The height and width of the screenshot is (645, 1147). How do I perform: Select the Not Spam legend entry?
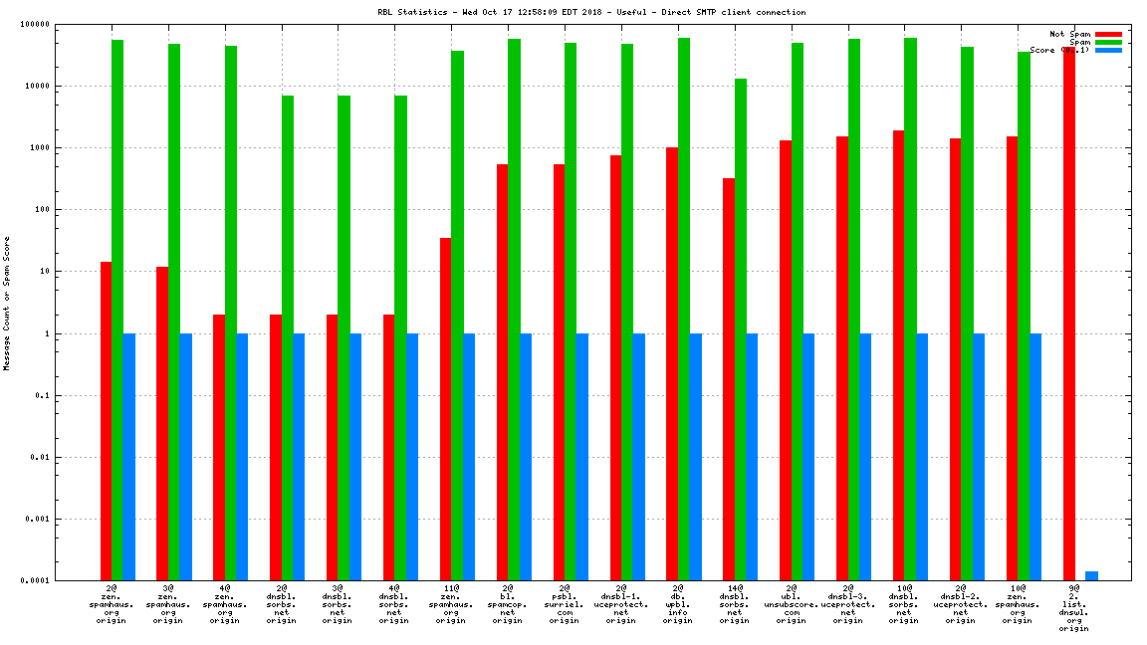(x=1069, y=34)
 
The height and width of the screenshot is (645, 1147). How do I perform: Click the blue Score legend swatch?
(x=1108, y=50)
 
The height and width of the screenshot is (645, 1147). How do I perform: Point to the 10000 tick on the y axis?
(x=67, y=86)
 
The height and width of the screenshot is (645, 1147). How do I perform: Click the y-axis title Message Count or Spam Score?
(x=7, y=303)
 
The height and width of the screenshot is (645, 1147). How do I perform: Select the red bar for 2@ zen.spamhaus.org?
(x=106, y=420)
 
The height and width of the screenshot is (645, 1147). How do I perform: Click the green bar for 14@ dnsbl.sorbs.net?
(x=741, y=328)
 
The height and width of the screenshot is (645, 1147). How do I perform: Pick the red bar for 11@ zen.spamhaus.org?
(x=445, y=408)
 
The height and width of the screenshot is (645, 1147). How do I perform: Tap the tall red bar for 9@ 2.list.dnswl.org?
(x=1068, y=313)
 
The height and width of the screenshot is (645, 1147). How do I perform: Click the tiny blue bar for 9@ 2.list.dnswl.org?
(x=1091, y=575)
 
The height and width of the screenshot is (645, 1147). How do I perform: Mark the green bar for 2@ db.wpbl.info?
(x=684, y=309)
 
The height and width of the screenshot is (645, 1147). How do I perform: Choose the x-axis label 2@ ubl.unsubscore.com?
(x=791, y=604)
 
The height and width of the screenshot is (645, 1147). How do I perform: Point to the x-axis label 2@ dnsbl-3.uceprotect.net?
(x=847, y=604)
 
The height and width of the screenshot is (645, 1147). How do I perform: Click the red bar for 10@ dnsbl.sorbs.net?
(x=898, y=354)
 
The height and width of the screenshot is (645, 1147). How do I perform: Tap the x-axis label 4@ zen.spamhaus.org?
(x=224, y=604)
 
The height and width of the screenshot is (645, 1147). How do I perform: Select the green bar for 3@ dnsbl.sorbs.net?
(x=344, y=337)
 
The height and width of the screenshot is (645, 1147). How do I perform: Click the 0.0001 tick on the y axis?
(x=64, y=580)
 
